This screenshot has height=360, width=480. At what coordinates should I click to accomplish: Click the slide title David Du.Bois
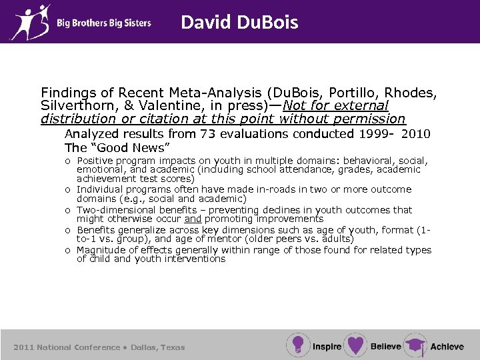pos(239,23)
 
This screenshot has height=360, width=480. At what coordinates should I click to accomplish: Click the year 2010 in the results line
pos(417,134)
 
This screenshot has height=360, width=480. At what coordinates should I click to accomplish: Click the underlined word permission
pos(368,119)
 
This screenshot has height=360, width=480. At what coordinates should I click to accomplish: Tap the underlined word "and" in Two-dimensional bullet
pos(193,219)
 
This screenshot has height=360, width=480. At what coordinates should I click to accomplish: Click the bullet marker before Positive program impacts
pos(69,161)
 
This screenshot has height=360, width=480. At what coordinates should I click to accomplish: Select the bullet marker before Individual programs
pos(69,190)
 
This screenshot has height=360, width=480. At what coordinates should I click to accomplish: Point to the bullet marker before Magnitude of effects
pos(69,250)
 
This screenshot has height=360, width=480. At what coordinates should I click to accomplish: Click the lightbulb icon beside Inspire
pos(297,345)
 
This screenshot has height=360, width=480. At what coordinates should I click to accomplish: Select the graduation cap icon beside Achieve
pos(415,345)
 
